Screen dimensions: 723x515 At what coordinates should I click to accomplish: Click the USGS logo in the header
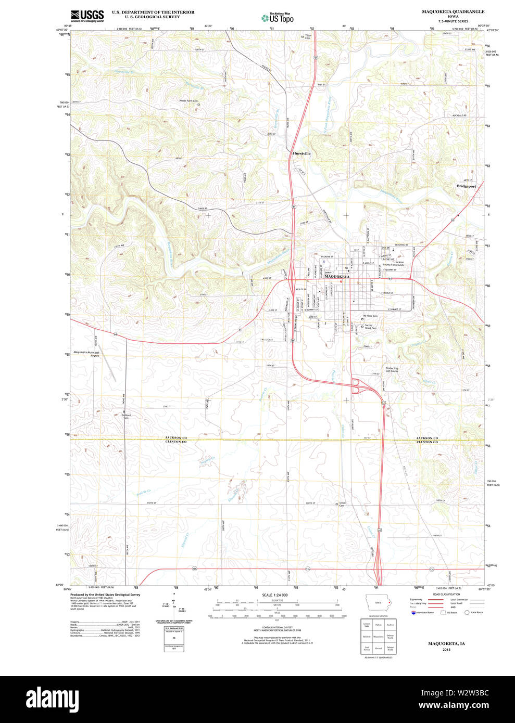click(87, 16)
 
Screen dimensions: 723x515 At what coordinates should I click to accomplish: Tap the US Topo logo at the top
click(278, 18)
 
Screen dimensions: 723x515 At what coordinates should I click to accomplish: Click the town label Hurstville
click(302, 153)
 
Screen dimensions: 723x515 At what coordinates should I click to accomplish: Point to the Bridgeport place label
click(466, 186)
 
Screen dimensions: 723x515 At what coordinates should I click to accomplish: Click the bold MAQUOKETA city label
click(337, 277)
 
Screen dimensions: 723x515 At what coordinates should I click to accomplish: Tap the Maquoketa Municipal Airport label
click(86, 354)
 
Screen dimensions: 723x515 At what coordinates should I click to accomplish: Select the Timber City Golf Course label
click(392, 369)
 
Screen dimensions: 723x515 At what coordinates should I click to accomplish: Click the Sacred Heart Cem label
click(370, 327)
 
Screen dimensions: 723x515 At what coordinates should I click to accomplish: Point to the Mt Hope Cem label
click(371, 316)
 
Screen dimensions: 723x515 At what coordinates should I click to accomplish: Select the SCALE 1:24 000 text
click(274, 595)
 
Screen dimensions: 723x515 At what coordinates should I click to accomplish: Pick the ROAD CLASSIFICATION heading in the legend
click(446, 594)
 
